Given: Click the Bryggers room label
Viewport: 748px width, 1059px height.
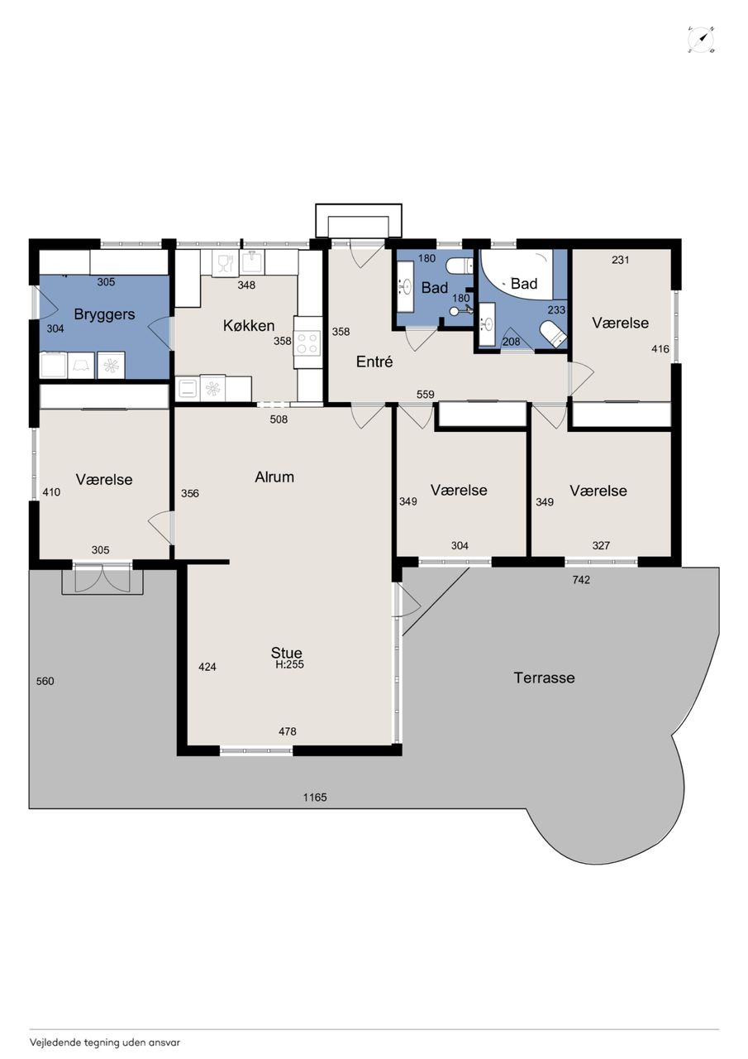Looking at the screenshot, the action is [104, 315].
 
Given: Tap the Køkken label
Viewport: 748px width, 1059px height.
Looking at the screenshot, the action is [249, 326].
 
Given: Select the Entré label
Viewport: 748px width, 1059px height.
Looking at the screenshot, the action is [374, 362].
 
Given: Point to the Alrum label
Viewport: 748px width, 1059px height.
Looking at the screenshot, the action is [274, 477].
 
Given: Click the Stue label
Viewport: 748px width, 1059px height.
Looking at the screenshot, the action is [286, 653].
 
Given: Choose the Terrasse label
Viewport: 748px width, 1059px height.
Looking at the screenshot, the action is [544, 678].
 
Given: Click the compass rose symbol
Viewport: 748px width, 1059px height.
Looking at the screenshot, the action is [701, 40].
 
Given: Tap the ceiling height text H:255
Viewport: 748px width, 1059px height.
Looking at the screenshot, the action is [290, 664].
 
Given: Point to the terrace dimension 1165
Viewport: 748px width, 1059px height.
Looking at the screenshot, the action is [315, 798].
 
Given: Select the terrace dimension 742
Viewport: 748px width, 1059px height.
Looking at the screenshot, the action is [581, 580].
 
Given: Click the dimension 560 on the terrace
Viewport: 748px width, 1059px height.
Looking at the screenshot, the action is [45, 681].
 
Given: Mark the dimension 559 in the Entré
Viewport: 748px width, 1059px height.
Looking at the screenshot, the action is [426, 395].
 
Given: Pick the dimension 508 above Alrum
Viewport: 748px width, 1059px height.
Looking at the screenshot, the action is [279, 419].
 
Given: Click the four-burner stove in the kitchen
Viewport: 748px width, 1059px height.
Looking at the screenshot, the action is [307, 343].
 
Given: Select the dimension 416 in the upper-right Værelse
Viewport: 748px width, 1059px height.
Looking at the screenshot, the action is [660, 349].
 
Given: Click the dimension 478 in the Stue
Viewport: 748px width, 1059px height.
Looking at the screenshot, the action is [288, 731].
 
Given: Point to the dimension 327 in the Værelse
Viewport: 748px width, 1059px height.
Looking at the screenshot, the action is [601, 545].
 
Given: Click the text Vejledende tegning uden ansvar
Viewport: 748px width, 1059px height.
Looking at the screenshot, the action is [105, 1042].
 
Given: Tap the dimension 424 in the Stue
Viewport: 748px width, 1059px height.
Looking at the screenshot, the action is [207, 667].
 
